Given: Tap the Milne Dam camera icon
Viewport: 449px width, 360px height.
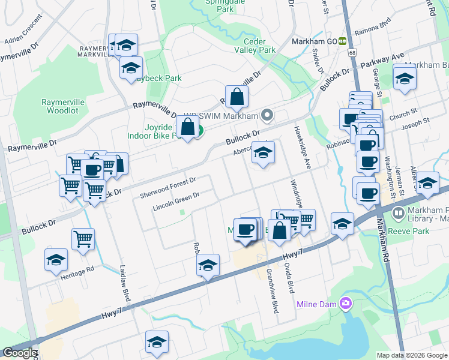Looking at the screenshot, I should pyautogui.click(x=345, y=303).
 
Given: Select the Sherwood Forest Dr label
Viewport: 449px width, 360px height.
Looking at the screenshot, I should pyautogui.click(x=168, y=188).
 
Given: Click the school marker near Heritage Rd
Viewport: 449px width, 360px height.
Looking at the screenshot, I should pyautogui.click(x=56, y=260).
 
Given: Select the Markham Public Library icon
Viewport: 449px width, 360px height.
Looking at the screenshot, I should pyautogui.click(x=398, y=212).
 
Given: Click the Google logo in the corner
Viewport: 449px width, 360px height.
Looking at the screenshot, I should pyautogui.click(x=19, y=353).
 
